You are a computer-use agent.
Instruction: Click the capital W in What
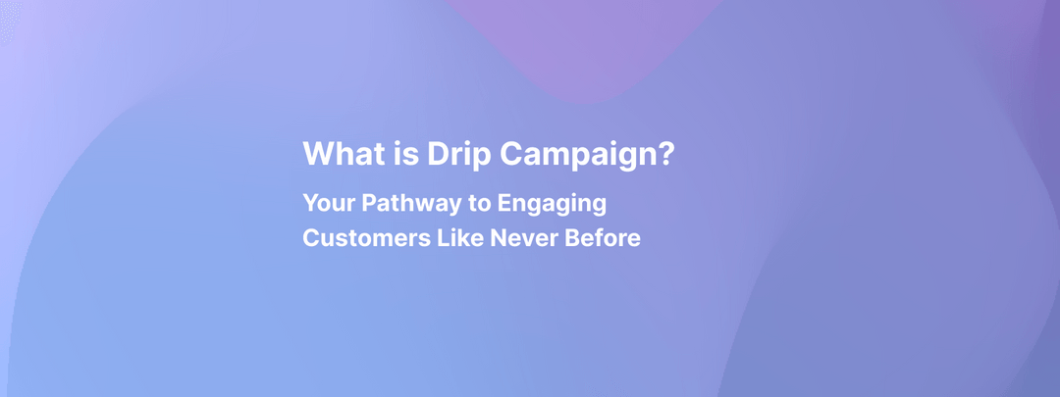coord(318,153)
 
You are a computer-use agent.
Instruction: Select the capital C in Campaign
coord(510,153)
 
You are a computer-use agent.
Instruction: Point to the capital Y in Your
coord(310,203)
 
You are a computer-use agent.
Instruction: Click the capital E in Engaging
coord(505,203)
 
